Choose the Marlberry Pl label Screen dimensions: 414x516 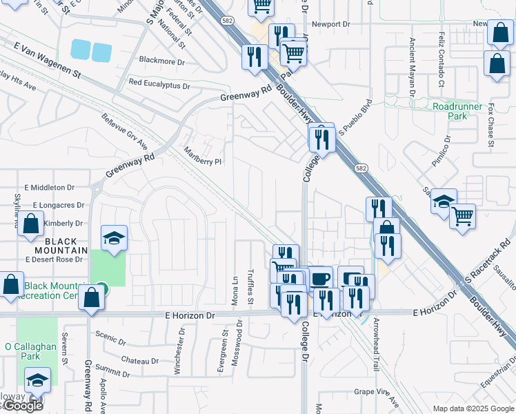tap(203, 157)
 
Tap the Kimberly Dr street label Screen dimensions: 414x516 tap(63, 224)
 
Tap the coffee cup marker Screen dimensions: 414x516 tap(319, 279)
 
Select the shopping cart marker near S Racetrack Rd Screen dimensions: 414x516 tap(462, 216)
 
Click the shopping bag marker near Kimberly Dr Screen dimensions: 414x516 tap(30, 224)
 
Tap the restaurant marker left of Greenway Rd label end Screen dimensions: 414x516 tap(254, 55)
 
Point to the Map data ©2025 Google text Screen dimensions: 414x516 tap(473, 408)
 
